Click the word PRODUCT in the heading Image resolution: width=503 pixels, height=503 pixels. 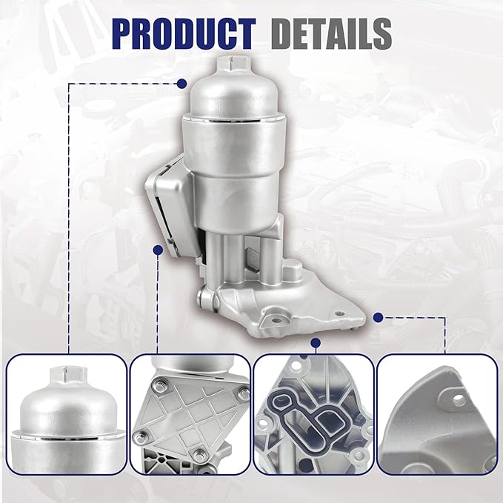(x=184, y=34)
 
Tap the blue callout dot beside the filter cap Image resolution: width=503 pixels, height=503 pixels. (x=182, y=84)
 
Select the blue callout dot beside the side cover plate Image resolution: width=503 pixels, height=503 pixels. (x=158, y=250)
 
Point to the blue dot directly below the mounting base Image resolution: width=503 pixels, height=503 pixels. (x=316, y=343)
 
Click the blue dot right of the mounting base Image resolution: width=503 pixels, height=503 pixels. (x=379, y=318)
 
